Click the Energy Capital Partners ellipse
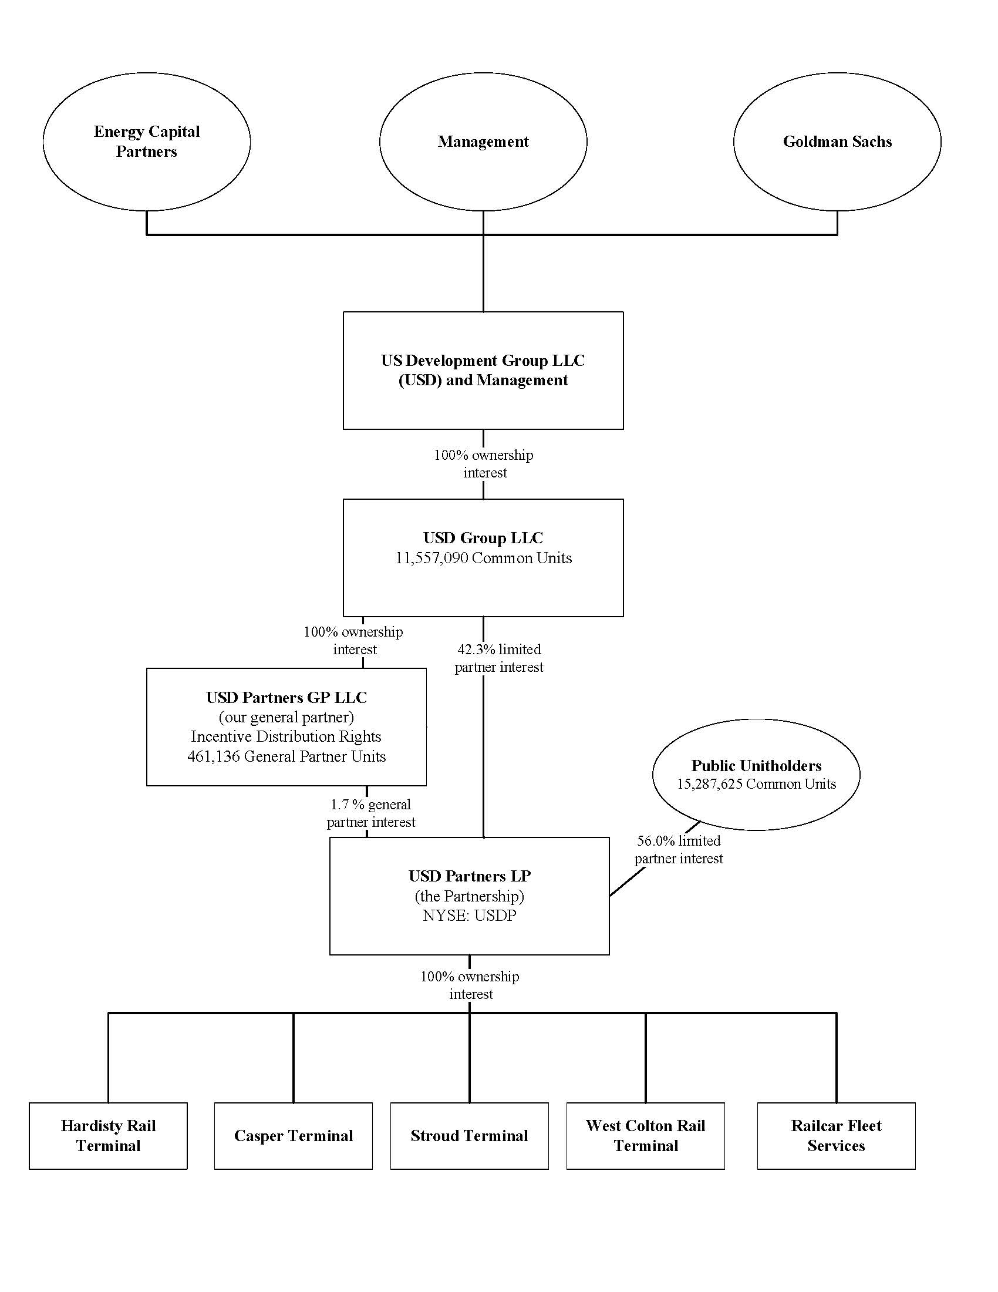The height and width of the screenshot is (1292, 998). tap(146, 142)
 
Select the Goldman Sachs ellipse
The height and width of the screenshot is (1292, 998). tap(837, 142)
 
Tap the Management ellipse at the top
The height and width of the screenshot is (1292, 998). tap(483, 142)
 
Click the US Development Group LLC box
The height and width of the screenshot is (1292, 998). tap(483, 371)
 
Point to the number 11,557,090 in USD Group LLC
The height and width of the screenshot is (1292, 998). tap(431, 558)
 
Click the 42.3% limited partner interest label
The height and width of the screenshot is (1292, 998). tap(498, 658)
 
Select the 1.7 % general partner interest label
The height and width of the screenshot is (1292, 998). tap(370, 813)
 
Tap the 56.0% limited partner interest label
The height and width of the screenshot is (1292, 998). tap(678, 849)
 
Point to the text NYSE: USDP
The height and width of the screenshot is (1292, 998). tap(470, 916)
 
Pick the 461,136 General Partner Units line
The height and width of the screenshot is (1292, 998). tap(286, 756)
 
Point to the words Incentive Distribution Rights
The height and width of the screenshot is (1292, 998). tap(286, 736)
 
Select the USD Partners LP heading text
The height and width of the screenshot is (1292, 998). tap(470, 876)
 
